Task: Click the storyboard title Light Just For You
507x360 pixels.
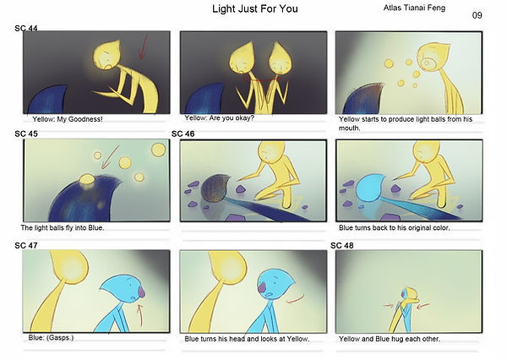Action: (255, 8)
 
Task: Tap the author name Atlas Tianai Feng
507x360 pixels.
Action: (414, 8)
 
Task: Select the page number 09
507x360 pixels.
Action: (477, 15)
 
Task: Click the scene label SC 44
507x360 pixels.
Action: (26, 29)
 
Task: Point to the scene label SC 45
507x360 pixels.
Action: (26, 134)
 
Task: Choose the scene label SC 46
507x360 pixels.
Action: (183, 134)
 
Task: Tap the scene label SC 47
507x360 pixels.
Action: (26, 246)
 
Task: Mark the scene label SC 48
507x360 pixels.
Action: (342, 246)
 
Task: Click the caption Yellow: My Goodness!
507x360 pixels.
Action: (68, 119)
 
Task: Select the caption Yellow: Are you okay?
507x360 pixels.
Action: (219, 118)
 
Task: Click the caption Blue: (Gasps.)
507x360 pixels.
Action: (51, 337)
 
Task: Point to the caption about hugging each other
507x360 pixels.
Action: (390, 339)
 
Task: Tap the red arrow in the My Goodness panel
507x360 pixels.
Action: (143, 47)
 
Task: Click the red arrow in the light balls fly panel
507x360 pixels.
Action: (110, 157)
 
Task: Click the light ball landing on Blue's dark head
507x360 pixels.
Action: (87, 179)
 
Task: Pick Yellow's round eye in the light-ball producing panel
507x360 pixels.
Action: (428, 63)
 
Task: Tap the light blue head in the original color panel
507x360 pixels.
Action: (371, 188)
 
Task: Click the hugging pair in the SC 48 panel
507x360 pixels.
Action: (406, 310)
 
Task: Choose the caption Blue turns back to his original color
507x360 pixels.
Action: (394, 227)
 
